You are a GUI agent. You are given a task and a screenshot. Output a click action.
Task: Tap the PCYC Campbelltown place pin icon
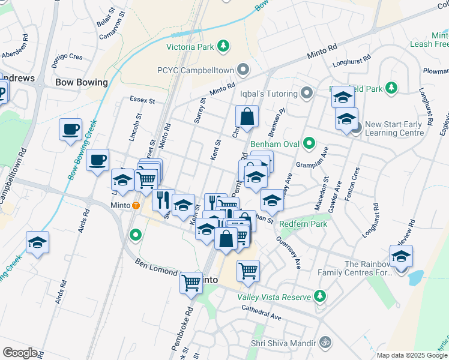pos(243,70)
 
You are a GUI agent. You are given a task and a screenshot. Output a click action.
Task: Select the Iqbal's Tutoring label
pos(269,94)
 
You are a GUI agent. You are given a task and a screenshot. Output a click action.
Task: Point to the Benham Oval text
pos(275,143)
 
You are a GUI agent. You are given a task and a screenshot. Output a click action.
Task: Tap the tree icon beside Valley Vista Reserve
pos(320,296)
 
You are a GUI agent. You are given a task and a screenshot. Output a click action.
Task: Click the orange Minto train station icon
pos(136,205)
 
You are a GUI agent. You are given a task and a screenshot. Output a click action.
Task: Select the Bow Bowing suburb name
pos(81,82)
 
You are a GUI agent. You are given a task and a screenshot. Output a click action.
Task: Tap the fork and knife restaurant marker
pos(163,199)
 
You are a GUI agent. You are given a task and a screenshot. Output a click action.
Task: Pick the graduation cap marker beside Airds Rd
pos(37,242)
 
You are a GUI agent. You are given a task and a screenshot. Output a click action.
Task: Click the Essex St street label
pos(143,100)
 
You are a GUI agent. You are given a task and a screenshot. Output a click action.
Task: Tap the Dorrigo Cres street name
pos(67,57)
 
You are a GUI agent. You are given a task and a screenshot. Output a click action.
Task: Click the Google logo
pos(20,353)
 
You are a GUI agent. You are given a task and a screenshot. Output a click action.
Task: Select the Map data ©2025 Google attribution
pos(412,355)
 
